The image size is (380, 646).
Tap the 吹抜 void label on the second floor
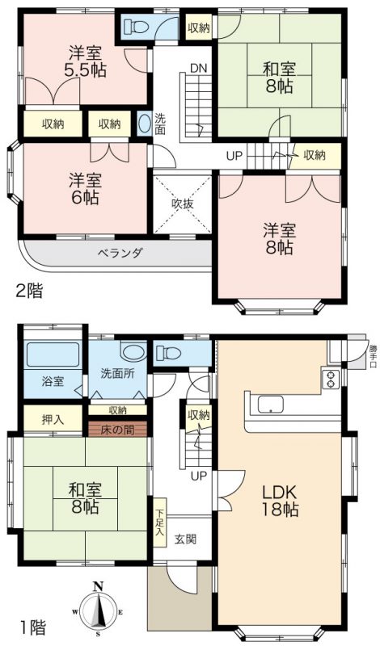click(182, 203)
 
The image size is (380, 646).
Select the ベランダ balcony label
click(120, 253)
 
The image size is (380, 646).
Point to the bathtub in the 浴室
click(53, 354)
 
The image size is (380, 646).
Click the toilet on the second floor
click(137, 27)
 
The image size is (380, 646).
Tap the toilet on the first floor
click(168, 353)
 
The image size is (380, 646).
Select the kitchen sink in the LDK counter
click(271, 405)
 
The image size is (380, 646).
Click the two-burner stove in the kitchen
click(331, 379)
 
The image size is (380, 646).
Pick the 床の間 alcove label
click(117, 430)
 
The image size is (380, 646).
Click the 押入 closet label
click(53, 419)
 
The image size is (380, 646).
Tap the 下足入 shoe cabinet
click(159, 522)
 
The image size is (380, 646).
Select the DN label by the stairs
click(198, 69)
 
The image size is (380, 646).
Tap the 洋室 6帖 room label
click(86, 189)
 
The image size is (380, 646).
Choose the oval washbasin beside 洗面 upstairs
click(144, 124)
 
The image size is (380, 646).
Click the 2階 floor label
click(29, 292)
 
